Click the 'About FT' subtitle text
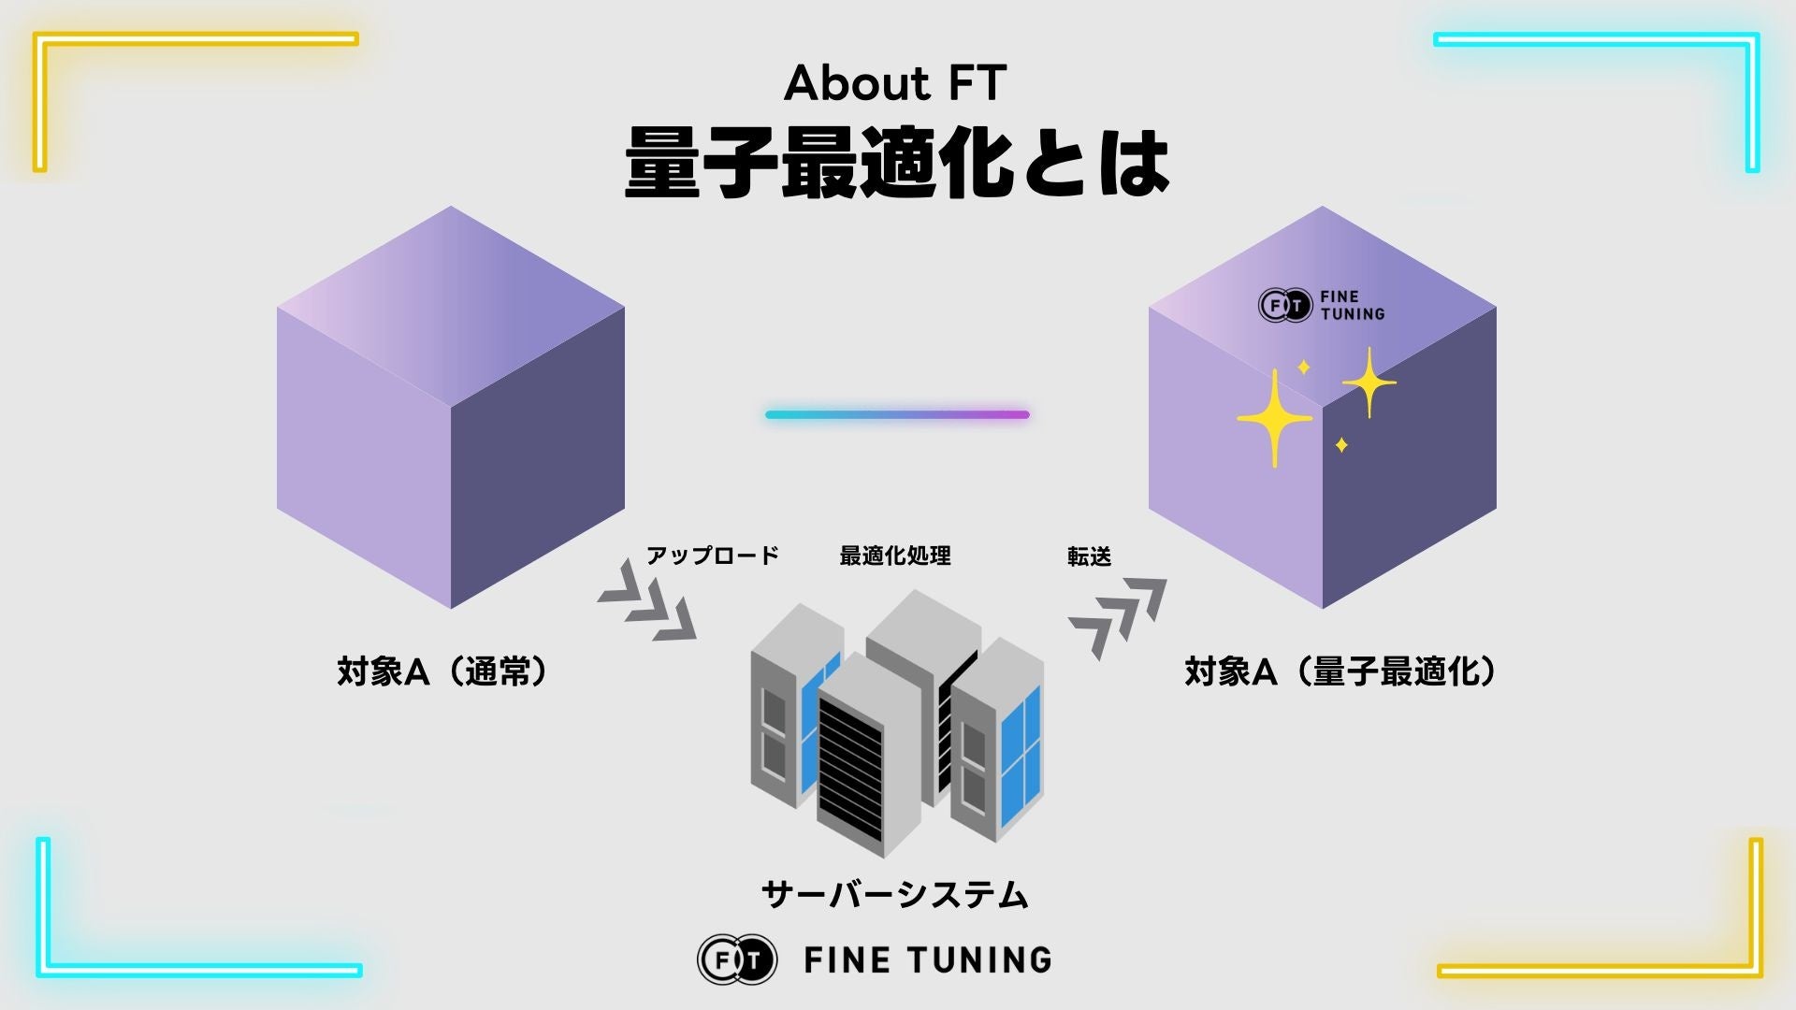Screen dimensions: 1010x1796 click(x=895, y=83)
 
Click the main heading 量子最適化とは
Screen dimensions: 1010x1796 click(x=896, y=164)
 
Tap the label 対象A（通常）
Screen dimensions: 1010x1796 click(x=442, y=671)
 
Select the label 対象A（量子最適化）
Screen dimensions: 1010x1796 click(x=1340, y=671)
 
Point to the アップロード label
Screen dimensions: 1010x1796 click(x=713, y=555)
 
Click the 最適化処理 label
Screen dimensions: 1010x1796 click(x=895, y=555)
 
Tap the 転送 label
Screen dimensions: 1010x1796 click(x=1090, y=556)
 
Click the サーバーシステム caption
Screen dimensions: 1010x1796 click(x=895, y=895)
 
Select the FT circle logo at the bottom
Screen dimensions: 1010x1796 click(x=737, y=959)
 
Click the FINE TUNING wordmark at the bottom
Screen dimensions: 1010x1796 click(x=928, y=959)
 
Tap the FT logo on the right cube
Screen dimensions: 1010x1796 click(x=1285, y=306)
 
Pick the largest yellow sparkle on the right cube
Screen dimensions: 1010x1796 click(x=1274, y=418)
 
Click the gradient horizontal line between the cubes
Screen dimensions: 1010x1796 click(x=897, y=414)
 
